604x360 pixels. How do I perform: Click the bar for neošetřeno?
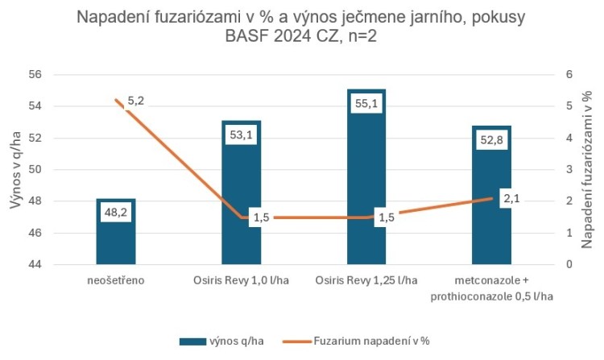(116, 242)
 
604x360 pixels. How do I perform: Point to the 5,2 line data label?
(136, 101)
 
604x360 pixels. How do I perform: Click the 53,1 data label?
(241, 134)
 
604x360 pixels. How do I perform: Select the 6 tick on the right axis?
(569, 75)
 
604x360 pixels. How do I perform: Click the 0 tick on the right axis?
(569, 265)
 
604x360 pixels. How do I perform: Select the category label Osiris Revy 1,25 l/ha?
(366, 281)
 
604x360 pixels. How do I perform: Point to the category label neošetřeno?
(116, 281)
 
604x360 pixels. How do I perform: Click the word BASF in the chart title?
(249, 38)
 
